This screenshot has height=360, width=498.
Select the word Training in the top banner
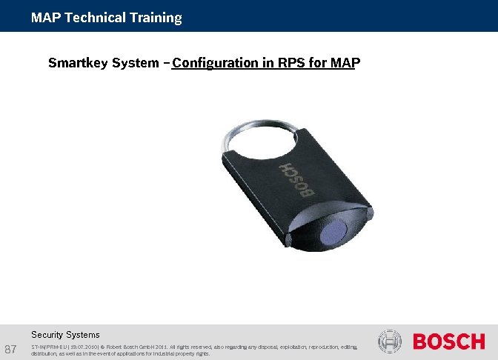(x=156, y=18)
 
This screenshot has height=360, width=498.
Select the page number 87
(x=11, y=349)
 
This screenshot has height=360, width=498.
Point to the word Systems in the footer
(x=83, y=335)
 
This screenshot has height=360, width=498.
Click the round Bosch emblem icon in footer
(x=389, y=341)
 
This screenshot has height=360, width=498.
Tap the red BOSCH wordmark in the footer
(x=448, y=341)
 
